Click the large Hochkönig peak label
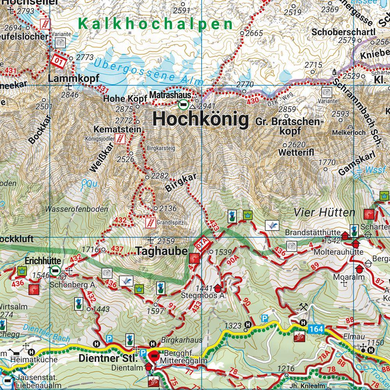click(x=200, y=119)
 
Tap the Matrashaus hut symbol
click(x=182, y=105)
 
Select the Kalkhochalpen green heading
click(x=155, y=24)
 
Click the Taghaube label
click(x=162, y=252)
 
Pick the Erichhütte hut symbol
click(x=56, y=270)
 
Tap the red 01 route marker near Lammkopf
click(x=58, y=62)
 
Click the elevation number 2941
click(x=206, y=106)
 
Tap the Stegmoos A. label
click(x=199, y=296)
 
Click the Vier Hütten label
click(x=324, y=213)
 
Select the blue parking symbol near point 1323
click(x=265, y=318)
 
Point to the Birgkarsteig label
click(x=161, y=148)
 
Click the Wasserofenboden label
click(x=77, y=209)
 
